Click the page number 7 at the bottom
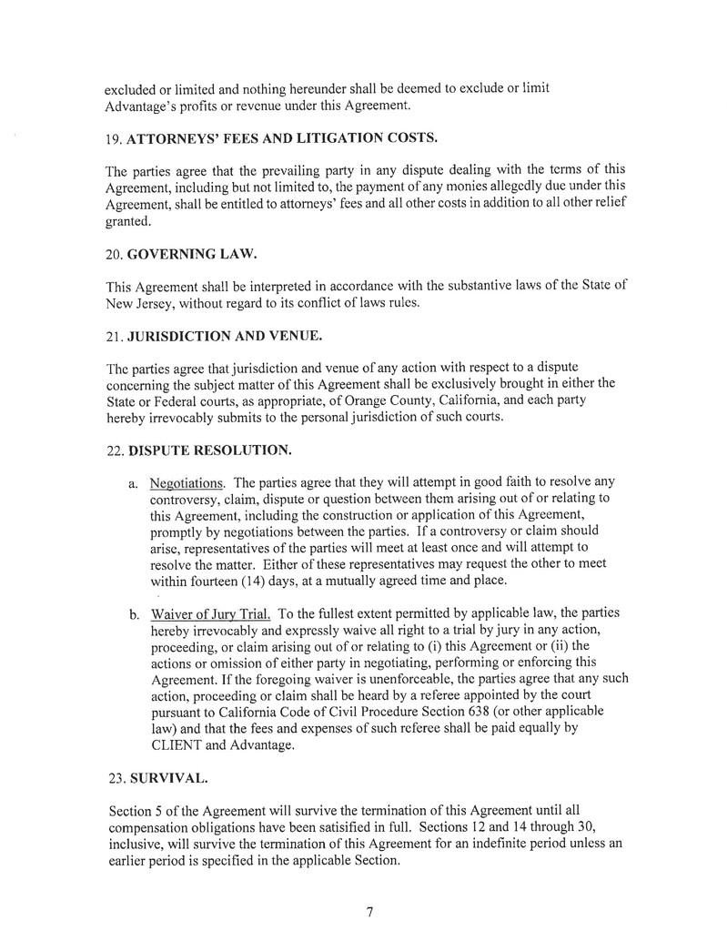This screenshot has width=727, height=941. pyautogui.click(x=369, y=913)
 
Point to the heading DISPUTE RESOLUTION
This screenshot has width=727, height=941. pyautogui.click(x=211, y=450)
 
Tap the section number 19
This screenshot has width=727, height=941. pyautogui.click(x=115, y=138)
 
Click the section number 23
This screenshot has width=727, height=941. pyautogui.click(x=115, y=779)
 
